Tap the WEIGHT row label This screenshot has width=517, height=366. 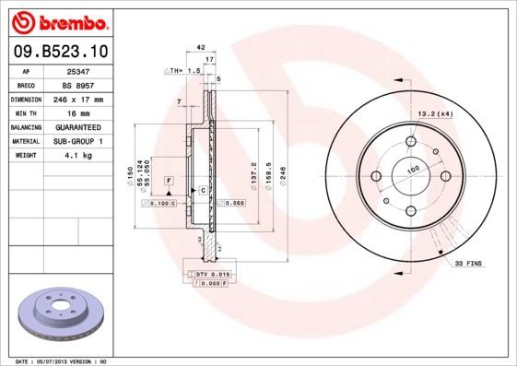(x=25, y=157)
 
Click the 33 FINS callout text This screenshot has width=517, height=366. (x=468, y=265)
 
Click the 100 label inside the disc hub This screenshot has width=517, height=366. (x=412, y=170)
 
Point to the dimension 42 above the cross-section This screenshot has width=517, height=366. (x=200, y=45)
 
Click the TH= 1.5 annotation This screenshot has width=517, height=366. (x=183, y=71)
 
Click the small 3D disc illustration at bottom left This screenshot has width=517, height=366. (x=56, y=313)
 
